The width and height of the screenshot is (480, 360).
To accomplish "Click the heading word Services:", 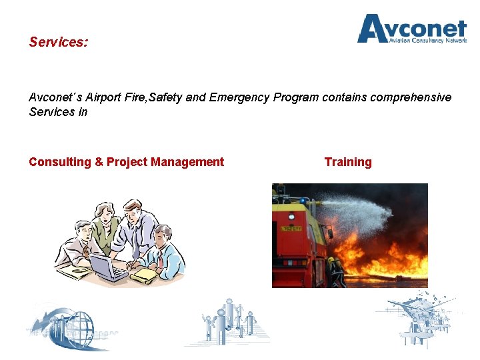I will pos(58,42).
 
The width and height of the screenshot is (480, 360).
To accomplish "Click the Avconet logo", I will pos(411,28).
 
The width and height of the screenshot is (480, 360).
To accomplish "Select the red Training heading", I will pos(348,162).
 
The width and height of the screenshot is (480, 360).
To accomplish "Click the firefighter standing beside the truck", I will pos(336,272).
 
